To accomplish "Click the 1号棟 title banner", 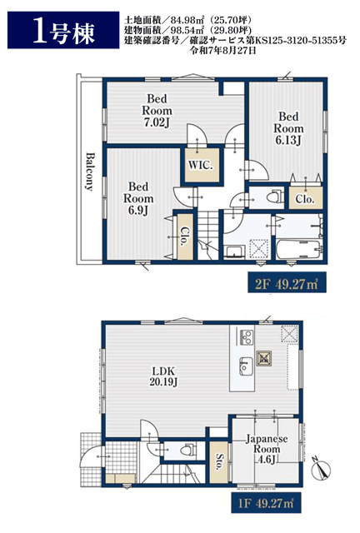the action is coord(63,30).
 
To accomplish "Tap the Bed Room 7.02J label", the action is coord(157,111).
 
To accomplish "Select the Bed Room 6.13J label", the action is coord(288,128).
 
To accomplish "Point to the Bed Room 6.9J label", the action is coord(138,198).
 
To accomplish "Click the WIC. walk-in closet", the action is coord(202,165).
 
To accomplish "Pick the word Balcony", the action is coord(90,172).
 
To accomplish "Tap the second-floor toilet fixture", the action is coord(273,197).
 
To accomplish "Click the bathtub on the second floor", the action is coord(299,250).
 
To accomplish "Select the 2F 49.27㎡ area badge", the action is coord(287,283).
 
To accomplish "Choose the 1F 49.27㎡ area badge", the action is coord(266,503).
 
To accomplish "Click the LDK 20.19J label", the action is coord(163,376).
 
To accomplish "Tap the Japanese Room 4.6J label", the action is coord(267,449).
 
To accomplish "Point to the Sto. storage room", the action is coord(219,461).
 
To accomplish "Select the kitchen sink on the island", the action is coord(246,366).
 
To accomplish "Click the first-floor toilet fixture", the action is coord(187,450).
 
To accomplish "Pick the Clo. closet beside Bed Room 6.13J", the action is coord(305,197).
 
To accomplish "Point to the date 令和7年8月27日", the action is coord(222,52).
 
